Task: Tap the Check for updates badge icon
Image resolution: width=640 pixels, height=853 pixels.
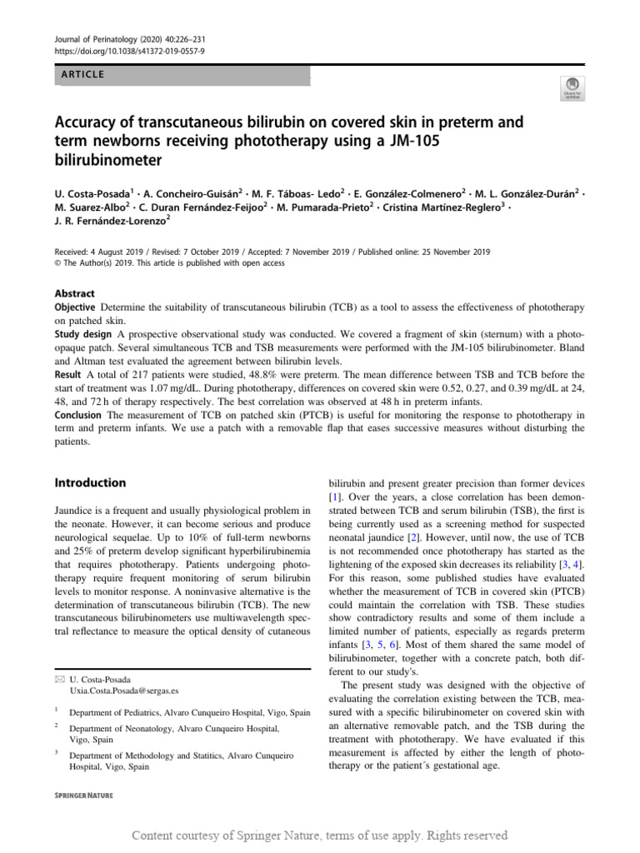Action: pos(573,87)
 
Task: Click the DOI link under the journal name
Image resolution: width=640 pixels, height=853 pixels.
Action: pos(129,51)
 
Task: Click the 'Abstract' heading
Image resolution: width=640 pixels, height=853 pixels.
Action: pos(74,294)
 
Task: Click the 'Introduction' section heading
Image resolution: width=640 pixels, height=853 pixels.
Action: pos(90,482)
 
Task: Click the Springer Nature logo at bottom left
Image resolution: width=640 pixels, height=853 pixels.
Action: pos(83,796)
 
